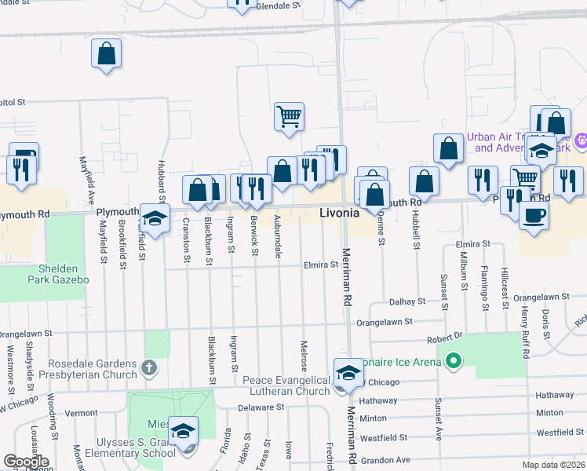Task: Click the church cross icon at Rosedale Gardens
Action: click(x=148, y=367)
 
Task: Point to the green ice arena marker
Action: click(x=453, y=361)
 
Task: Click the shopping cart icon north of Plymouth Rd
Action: click(x=289, y=116)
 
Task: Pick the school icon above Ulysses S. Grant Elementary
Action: click(x=183, y=431)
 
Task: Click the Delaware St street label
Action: click(x=261, y=407)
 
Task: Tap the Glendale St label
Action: click(x=279, y=5)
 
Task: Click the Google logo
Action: click(x=26, y=462)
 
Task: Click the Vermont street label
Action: click(x=82, y=413)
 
